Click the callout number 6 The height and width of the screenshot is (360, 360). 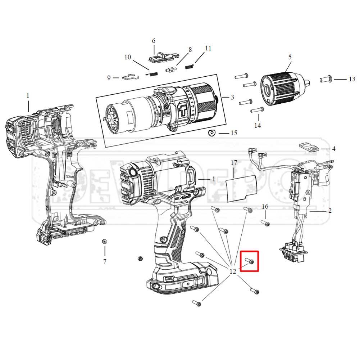coord(154,41)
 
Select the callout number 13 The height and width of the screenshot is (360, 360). coord(352,79)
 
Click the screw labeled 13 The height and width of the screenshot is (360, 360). coord(328,79)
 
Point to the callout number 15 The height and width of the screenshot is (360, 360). coord(234,133)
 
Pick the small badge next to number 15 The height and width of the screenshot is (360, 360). coord(212,133)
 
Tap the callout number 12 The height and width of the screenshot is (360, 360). coord(233,271)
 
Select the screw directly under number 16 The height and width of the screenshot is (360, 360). coord(266,224)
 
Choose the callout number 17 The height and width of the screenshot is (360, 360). coord(234,163)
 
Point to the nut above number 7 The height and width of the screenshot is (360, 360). coord(104,242)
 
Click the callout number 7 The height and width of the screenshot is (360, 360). coord(105,261)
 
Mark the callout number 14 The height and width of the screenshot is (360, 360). coord(258,126)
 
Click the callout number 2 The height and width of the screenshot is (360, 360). coord(330,211)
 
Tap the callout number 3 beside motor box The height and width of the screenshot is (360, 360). coord(232,97)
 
